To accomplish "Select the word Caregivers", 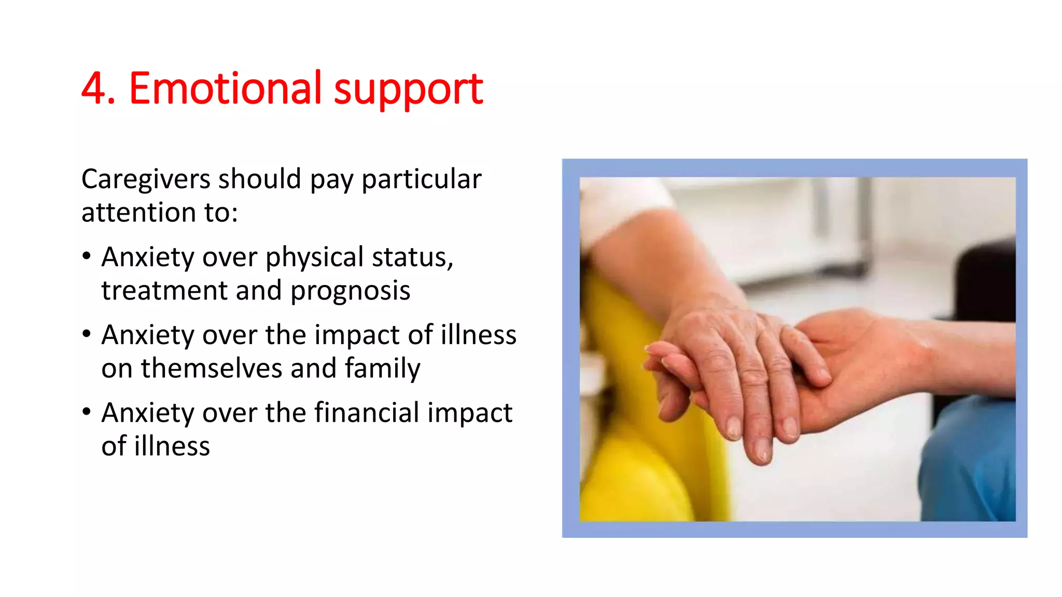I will coord(146,180).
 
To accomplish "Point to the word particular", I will coord(421,180).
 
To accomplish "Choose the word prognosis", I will coord(350,291).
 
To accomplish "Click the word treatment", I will coord(164,290).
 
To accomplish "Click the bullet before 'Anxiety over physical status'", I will coord(87,256).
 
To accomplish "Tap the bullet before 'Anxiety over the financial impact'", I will coord(87,412).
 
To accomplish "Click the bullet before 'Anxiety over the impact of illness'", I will coord(87,334).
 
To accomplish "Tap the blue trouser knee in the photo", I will coord(970,456).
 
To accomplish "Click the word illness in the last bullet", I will coord(172,447).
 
